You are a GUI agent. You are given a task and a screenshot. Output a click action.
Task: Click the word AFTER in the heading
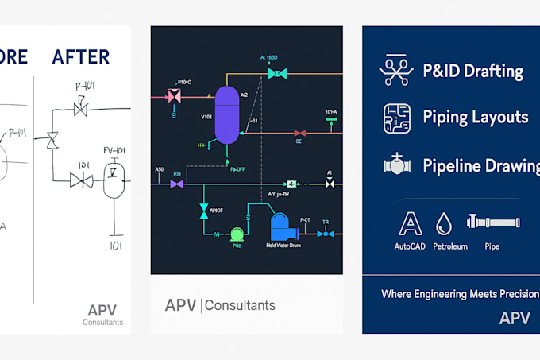point(81,56)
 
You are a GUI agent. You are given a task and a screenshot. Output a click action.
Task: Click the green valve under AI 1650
point(277,73)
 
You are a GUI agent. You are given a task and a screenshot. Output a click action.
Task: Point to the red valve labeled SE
point(299,133)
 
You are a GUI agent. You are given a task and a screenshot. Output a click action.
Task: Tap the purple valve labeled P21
point(178,184)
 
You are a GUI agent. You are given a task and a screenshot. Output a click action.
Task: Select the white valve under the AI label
point(330,184)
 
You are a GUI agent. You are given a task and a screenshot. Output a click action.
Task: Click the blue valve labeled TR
point(325,234)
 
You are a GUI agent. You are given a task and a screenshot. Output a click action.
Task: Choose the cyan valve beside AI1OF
point(203,211)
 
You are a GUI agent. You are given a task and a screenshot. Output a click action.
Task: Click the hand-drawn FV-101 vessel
point(116,180)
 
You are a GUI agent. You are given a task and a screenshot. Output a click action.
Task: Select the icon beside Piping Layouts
point(396,118)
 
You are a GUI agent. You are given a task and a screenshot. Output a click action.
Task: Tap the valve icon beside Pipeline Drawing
point(396,165)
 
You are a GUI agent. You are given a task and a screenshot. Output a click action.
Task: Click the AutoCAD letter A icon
point(409,223)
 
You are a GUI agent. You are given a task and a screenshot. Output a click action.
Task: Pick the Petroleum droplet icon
point(444,222)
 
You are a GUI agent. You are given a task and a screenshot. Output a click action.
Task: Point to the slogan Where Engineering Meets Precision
point(459,294)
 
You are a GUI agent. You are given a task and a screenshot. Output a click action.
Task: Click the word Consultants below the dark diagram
point(241,305)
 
